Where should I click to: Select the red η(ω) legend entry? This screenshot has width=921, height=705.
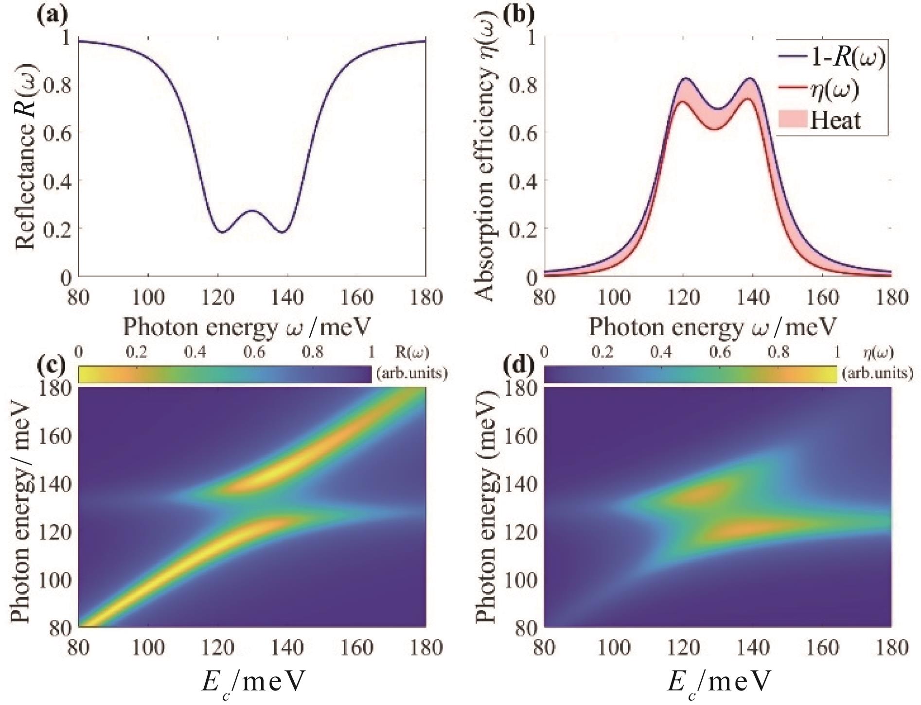(x=834, y=89)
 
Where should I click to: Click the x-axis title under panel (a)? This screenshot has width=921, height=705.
(x=247, y=327)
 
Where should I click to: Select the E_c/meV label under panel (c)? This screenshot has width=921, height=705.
(x=252, y=682)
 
